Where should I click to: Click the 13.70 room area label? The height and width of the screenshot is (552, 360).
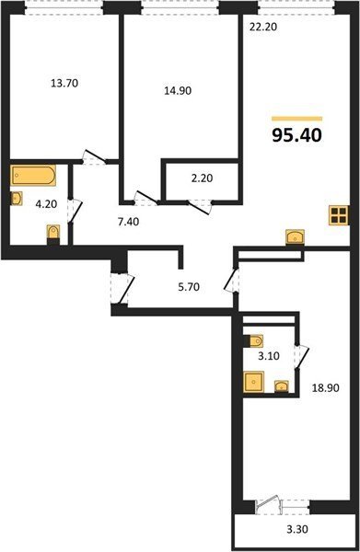64,84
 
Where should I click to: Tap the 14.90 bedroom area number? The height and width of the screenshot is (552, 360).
178,91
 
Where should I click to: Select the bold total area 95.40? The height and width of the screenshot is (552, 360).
297,135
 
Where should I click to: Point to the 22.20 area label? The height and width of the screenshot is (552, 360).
263,27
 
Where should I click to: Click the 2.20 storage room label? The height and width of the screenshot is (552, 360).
202,178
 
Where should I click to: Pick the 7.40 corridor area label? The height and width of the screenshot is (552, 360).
128,222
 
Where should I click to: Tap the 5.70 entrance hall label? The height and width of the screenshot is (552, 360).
189,287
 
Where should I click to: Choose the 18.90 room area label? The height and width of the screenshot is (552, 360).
326,388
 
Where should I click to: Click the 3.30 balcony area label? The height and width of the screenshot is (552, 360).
297,529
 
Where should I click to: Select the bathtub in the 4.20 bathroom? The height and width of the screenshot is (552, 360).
33,176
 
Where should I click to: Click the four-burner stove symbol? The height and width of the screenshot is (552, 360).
339,215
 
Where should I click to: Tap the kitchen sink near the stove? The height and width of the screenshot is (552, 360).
296,236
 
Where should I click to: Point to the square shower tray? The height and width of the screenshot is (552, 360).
253,382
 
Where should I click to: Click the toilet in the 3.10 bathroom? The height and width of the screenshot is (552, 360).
254,340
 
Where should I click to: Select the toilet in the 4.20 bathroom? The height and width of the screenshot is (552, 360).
53,234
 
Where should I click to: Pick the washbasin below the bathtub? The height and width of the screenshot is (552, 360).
17,198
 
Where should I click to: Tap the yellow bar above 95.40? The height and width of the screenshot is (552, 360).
297,119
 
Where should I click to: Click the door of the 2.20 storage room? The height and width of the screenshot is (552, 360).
199,207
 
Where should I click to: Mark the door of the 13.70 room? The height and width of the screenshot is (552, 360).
95,157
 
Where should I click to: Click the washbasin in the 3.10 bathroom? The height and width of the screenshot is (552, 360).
282,386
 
